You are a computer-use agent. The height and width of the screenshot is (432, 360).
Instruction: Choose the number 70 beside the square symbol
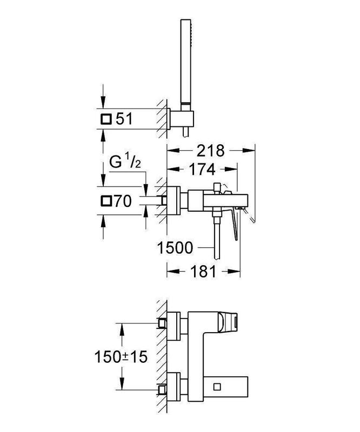click(x=124, y=202)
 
